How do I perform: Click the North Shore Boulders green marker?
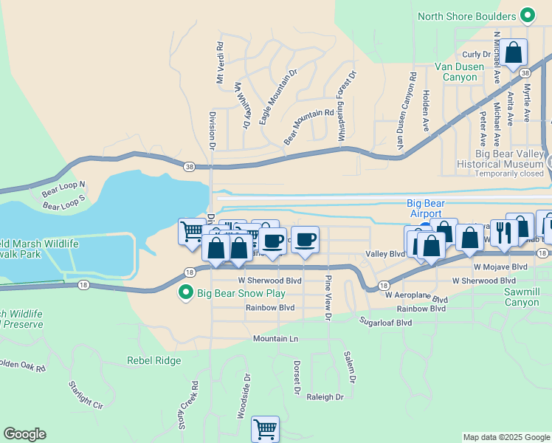click(527, 16)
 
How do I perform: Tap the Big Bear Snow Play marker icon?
click(187, 294)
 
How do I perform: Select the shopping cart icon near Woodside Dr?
click(265, 428)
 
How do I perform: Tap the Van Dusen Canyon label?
click(460, 72)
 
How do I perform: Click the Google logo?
click(24, 434)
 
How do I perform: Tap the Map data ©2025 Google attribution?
click(506, 437)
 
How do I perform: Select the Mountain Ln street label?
click(275, 339)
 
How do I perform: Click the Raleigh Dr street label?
click(325, 396)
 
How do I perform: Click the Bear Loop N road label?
click(63, 188)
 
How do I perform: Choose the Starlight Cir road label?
click(86, 394)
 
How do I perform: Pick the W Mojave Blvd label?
click(500, 267)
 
